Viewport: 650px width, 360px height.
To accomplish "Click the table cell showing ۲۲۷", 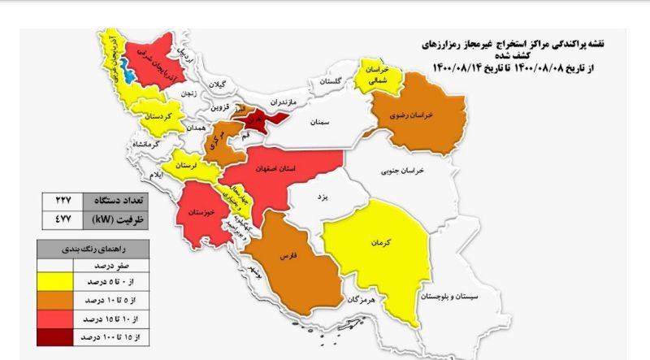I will pyautogui.click(x=63, y=200).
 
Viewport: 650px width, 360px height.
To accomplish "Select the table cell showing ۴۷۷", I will pyautogui.click(x=63, y=218).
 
